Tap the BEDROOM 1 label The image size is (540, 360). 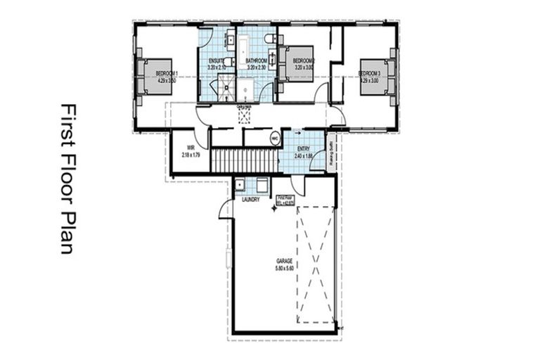(166, 76)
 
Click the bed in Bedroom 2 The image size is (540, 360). (297, 64)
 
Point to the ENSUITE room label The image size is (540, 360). (217, 64)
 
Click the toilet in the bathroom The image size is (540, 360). (269, 39)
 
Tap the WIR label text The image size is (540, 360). (190, 150)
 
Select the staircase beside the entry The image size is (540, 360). (245, 160)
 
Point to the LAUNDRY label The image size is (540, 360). (251, 200)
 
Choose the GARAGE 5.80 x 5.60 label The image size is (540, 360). (283, 263)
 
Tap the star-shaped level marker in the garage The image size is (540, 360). (275, 210)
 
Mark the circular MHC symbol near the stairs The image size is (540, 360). (274, 139)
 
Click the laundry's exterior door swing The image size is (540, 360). (225, 208)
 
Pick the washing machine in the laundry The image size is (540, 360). (262, 185)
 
